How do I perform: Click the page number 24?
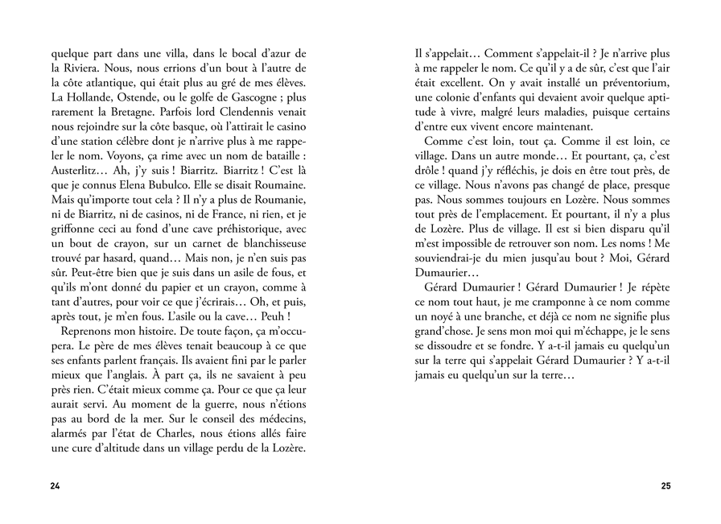coord(55,486)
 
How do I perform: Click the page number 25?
coord(665,486)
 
